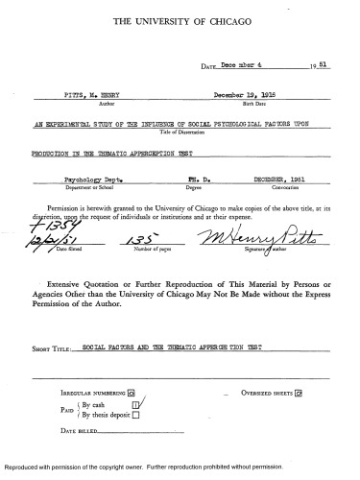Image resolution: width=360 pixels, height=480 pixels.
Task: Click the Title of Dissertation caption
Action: click(179, 132)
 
